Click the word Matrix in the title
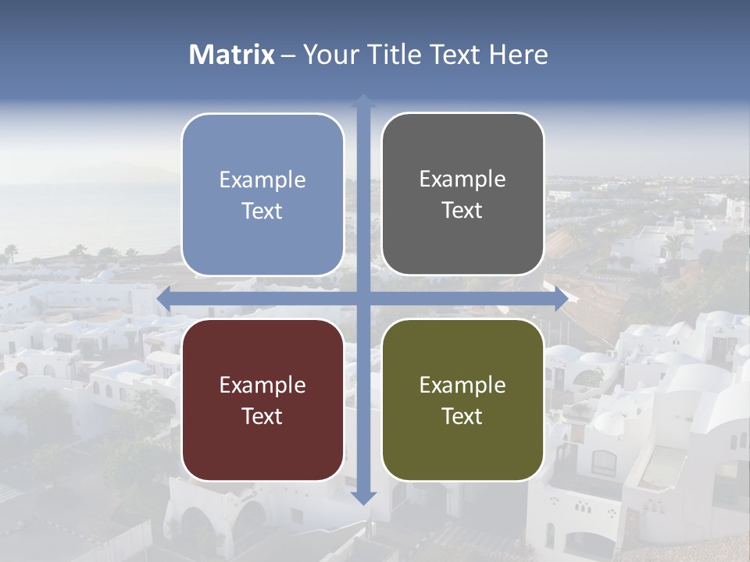[232, 55]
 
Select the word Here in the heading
[519, 55]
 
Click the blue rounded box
[262, 194]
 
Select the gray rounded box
[462, 194]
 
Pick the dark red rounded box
[262, 400]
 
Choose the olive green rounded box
[462, 400]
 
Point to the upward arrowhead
[363, 101]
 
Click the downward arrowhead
[363, 497]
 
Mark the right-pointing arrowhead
[560, 299]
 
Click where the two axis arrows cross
[363, 299]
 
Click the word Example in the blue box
[262, 180]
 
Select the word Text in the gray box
[462, 211]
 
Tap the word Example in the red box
[262, 386]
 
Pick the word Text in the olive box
[462, 416]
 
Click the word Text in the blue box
[262, 212]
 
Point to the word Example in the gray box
[462, 180]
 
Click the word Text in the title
[454, 55]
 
